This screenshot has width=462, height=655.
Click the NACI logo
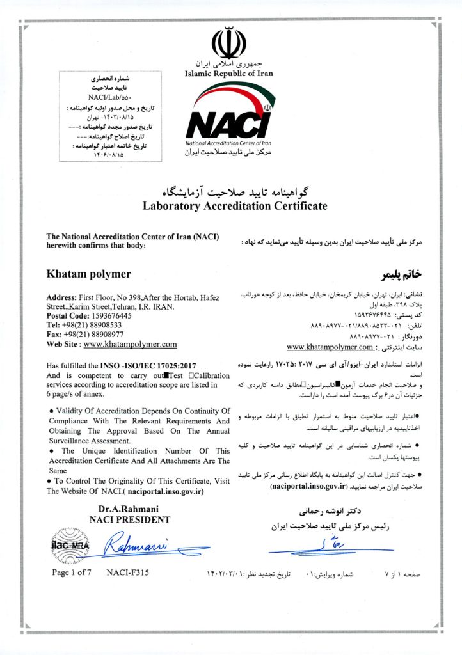(228, 119)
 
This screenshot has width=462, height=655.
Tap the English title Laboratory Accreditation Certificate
(235, 206)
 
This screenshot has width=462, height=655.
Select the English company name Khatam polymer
(89, 274)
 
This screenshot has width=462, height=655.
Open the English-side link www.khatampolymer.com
(130, 344)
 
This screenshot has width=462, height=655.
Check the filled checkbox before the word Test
(167, 375)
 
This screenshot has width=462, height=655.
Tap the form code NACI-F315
(128, 572)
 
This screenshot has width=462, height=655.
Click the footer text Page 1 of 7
(72, 572)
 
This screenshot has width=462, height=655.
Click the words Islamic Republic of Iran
(228, 74)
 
